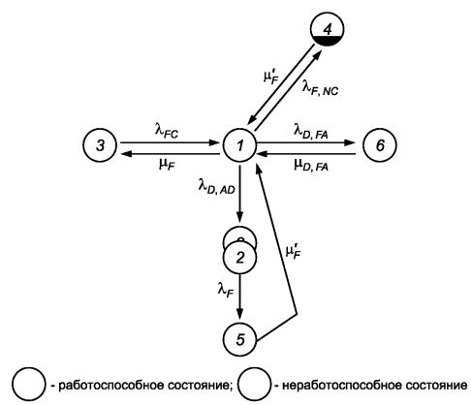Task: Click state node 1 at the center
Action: (239, 145)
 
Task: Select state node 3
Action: (100, 145)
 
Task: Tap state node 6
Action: (380, 145)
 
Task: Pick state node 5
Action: (239, 339)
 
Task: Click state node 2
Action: (239, 258)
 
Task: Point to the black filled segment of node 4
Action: (327, 41)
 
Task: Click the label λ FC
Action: (167, 131)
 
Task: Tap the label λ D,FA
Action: (311, 131)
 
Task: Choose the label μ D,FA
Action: (311, 164)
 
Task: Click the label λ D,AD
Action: (216, 187)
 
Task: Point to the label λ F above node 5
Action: (226, 290)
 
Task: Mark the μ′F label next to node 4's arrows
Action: (270, 77)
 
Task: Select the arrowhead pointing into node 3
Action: (125, 154)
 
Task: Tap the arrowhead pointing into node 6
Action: (350, 142)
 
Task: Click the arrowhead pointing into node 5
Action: (239, 313)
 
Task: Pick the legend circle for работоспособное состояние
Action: (29, 385)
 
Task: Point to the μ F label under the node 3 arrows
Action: (167, 165)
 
